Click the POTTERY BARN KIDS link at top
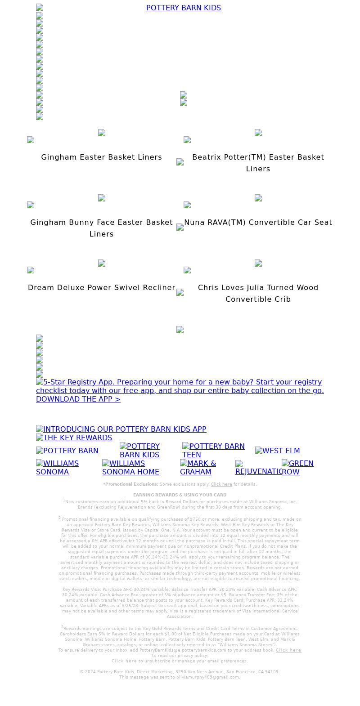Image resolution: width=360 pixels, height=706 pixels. [183, 8]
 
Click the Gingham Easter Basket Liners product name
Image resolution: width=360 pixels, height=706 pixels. [101, 157]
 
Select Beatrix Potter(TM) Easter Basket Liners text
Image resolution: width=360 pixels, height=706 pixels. [258, 163]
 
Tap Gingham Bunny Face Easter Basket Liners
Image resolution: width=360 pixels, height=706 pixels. [101, 228]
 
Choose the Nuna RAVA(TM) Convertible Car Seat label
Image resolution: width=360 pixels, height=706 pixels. [258, 223]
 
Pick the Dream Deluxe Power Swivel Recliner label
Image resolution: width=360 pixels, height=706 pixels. [101, 288]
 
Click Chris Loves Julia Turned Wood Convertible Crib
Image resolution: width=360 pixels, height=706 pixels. [258, 293]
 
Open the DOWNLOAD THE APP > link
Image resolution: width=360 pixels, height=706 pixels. [78, 399]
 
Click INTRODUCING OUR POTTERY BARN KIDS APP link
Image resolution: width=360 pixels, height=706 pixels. [121, 429]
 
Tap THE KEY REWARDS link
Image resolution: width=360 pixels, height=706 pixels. [74, 438]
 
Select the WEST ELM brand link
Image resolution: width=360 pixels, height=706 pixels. [277, 451]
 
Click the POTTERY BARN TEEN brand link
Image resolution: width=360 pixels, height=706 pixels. [213, 451]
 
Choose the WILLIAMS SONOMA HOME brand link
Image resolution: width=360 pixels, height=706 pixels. [130, 468]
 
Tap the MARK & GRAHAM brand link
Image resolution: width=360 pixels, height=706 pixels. [198, 468]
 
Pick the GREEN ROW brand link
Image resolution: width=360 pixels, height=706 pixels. [297, 468]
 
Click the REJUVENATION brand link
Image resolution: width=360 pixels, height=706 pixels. [258, 470]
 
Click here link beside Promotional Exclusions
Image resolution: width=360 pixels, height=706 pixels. [221, 484]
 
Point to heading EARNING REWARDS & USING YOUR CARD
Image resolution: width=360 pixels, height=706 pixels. [180, 495]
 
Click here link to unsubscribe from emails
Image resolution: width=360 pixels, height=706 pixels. [124, 661]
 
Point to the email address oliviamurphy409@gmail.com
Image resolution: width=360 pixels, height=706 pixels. [207, 677]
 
